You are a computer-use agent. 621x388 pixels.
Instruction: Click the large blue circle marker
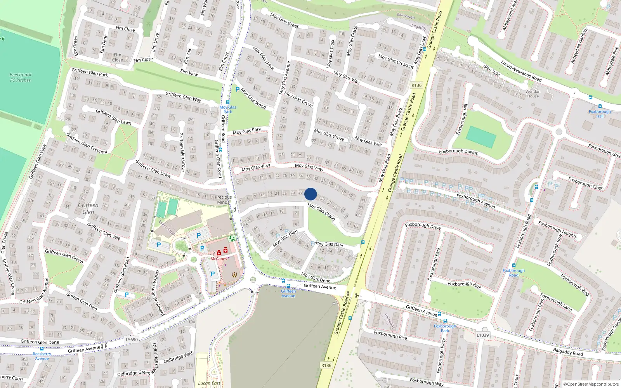(x=310, y=194)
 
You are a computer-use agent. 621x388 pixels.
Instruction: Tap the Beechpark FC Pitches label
(x=21, y=78)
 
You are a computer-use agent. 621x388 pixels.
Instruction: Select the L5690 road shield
(x=132, y=339)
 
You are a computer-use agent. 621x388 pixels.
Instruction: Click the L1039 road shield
(x=482, y=335)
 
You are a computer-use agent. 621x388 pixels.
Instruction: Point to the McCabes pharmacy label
(x=219, y=259)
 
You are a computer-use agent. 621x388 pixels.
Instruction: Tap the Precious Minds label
(x=223, y=199)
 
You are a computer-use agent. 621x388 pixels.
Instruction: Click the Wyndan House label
(x=533, y=94)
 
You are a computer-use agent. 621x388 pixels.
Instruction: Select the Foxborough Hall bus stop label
(x=600, y=114)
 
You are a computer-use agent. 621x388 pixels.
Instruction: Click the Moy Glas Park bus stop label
(x=227, y=109)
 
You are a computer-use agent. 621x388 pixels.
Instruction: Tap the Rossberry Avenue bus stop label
(x=42, y=356)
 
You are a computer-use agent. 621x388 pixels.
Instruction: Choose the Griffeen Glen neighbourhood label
(x=88, y=208)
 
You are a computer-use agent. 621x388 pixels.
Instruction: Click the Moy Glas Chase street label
(x=321, y=212)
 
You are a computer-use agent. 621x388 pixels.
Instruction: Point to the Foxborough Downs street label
(x=458, y=151)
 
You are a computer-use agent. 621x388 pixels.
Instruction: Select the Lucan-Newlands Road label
(x=521, y=71)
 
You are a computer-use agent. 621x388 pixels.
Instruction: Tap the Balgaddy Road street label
(x=568, y=352)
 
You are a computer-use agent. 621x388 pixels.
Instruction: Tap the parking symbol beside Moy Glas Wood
(x=238, y=89)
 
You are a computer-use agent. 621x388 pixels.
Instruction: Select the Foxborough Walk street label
(x=575, y=286)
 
